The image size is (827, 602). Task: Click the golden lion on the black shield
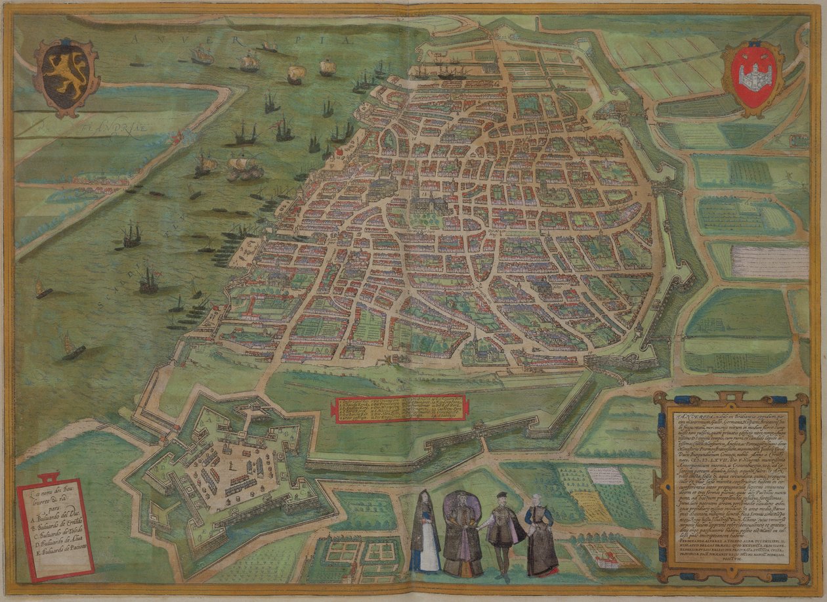point(66,74)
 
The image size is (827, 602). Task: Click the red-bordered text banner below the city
point(400,408)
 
